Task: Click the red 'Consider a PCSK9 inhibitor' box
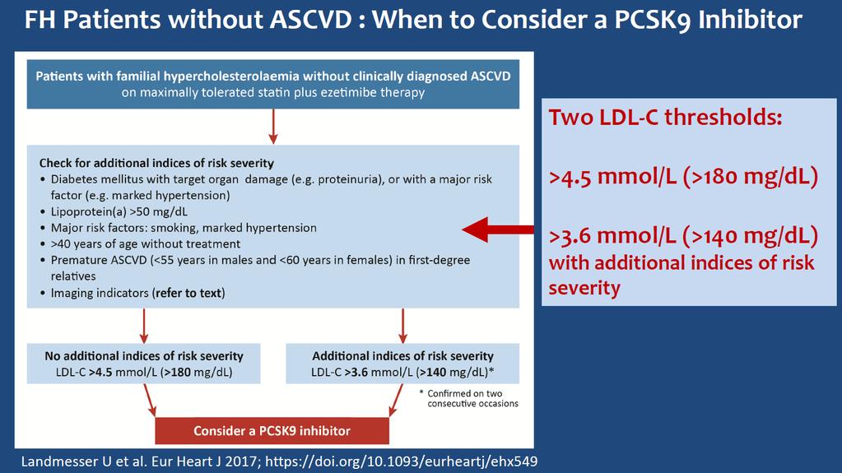point(272,430)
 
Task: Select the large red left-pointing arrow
point(498,230)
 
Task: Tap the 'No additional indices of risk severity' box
point(144,364)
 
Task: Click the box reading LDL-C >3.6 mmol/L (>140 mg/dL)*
point(402,364)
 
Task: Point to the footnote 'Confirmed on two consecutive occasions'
point(469,398)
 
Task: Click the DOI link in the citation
point(401,461)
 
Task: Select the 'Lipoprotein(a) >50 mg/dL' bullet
point(119,211)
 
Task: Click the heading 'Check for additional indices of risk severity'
point(156,163)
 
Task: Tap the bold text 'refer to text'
point(188,293)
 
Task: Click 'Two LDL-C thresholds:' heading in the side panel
point(665,117)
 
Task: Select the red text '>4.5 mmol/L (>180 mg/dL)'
point(683,177)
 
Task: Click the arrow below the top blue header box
point(273,127)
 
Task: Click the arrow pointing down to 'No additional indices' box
point(144,326)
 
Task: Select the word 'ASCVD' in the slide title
point(310,21)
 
